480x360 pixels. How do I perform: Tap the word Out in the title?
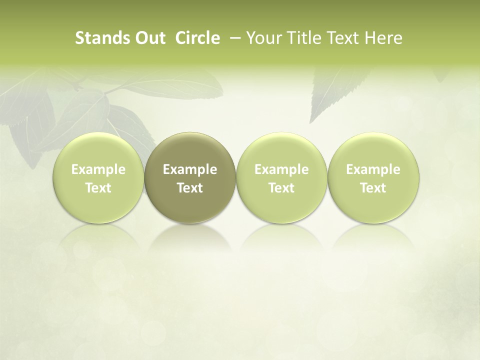pyautogui.click(x=149, y=38)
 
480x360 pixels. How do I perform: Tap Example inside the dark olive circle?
pyautogui.click(x=190, y=169)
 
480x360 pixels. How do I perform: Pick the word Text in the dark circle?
pyautogui.click(x=190, y=188)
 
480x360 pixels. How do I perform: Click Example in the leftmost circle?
pyautogui.click(x=98, y=169)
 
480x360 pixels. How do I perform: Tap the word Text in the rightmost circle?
pyautogui.click(x=373, y=188)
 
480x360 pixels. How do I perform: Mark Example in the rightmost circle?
pyautogui.click(x=373, y=169)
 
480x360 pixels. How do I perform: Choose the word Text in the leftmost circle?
pyautogui.click(x=98, y=188)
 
